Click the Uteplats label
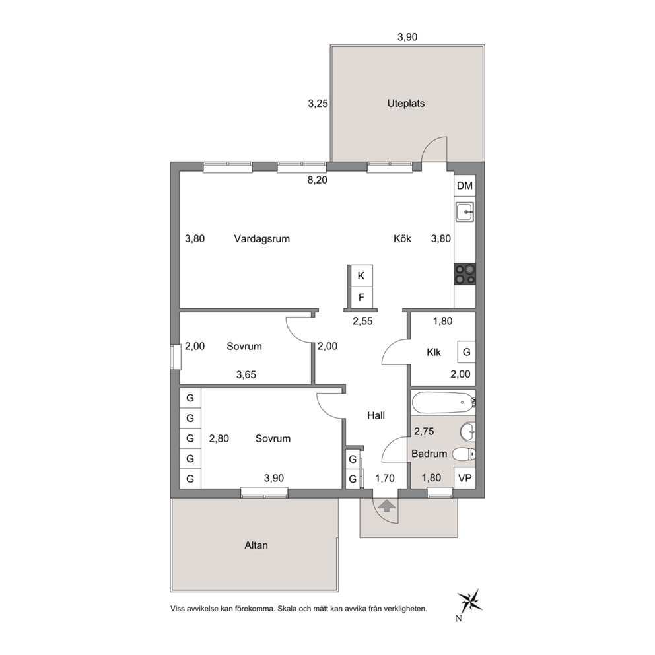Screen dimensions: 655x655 [405, 104]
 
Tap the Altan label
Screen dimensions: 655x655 [256, 545]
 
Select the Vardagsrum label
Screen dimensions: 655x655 [261, 239]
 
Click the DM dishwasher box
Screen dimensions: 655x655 [465, 186]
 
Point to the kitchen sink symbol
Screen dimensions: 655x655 [465, 212]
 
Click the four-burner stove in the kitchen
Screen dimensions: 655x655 [465, 275]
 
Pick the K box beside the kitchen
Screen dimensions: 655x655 [361, 276]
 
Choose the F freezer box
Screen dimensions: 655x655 [361, 297]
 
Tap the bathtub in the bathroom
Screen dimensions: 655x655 [444, 403]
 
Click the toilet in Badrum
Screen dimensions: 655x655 [464, 454]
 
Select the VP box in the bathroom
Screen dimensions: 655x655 [465, 478]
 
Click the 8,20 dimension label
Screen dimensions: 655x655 [318, 180]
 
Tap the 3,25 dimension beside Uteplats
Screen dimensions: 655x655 [318, 103]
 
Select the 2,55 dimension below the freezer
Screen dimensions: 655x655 [362, 321]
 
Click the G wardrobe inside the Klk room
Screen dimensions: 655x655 [467, 352]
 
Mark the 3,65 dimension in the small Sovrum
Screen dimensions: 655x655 [246, 374]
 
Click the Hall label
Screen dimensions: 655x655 [376, 415]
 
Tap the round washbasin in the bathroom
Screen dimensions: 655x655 [468, 432]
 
